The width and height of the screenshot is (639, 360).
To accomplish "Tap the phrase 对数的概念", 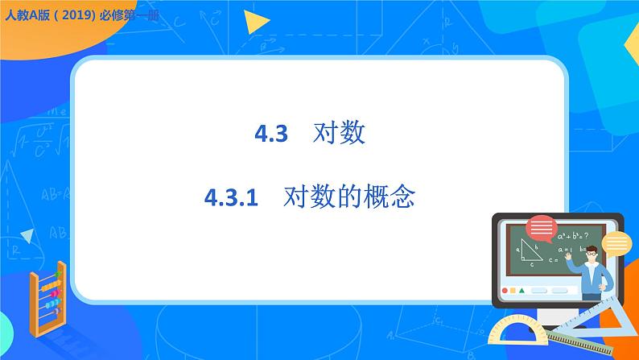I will coord(348,197).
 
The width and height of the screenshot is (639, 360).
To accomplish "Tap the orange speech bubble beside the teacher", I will coord(617,242).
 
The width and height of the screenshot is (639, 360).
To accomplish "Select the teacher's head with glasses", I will coord(592,254).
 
